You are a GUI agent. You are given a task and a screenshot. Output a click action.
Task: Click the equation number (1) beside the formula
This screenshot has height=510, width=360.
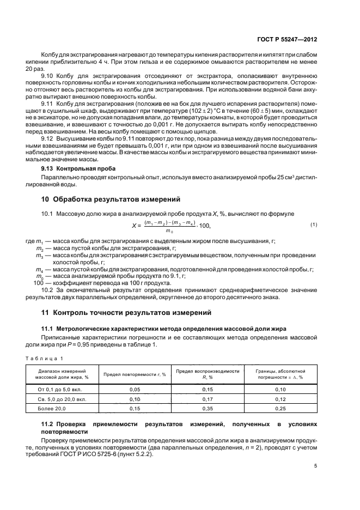point(314,224)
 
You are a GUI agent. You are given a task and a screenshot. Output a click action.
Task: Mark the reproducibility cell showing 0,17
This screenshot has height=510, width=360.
point(208,399)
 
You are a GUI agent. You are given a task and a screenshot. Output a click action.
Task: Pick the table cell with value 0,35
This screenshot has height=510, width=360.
point(208,408)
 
